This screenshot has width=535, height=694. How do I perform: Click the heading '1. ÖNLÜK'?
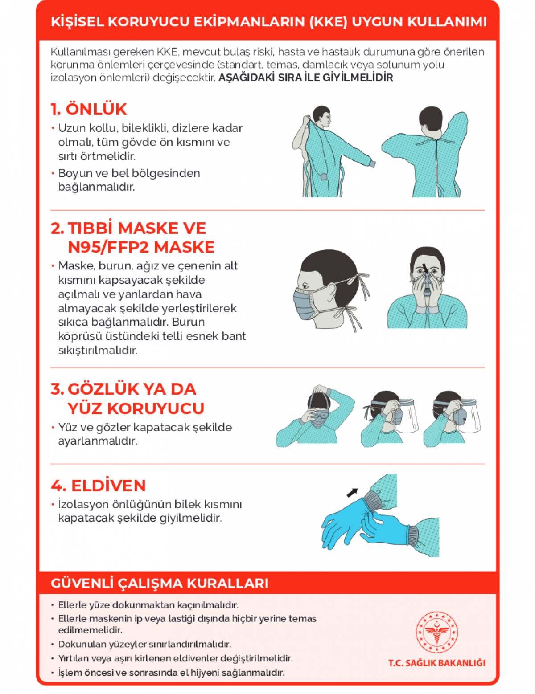[x=89, y=109]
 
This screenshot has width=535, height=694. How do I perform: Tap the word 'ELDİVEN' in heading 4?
[x=108, y=486]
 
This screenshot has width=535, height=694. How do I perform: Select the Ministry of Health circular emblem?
[x=436, y=632]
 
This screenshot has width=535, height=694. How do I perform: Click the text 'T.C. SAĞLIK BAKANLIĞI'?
[x=436, y=663]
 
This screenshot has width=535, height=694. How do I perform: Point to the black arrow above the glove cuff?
[x=352, y=493]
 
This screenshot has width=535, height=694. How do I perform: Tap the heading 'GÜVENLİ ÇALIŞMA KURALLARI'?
[x=160, y=583]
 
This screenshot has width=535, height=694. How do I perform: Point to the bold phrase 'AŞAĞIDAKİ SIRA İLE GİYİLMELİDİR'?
[x=305, y=78]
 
